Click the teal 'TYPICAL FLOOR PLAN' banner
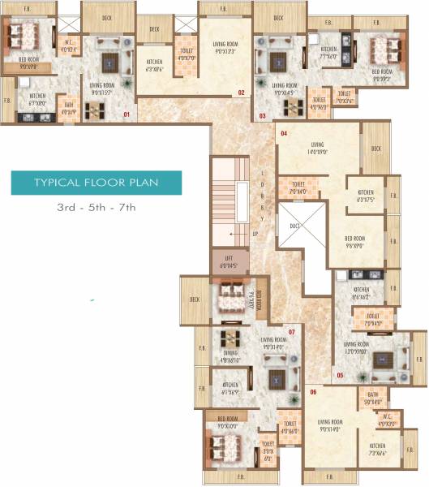pyautogui.click(x=96, y=183)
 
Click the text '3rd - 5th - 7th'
pyautogui.click(x=96, y=209)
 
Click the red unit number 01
pyautogui.click(x=127, y=115)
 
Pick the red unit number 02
pyautogui.click(x=241, y=93)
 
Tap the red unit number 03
pyautogui.click(x=262, y=116)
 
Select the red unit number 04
pyautogui.click(x=284, y=132)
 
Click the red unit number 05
pyautogui.click(x=340, y=375)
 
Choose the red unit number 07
pyautogui.click(x=292, y=332)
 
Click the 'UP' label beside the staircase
pyautogui.click(x=255, y=234)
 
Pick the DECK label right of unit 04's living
pyautogui.click(x=375, y=149)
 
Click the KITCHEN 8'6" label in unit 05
pyautogui.click(x=361, y=295)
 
